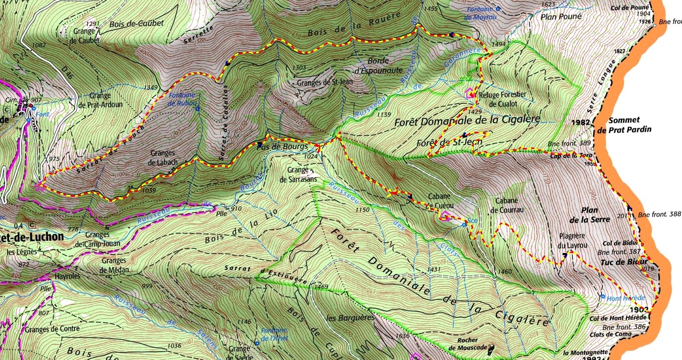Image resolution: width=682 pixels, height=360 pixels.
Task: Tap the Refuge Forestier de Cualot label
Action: point(503,99)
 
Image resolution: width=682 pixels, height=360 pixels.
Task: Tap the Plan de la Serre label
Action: point(595,215)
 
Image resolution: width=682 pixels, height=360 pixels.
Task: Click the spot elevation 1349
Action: point(152,87)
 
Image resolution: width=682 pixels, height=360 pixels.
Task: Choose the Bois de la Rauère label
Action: point(354,24)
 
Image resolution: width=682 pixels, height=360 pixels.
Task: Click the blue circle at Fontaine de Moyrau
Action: point(497,9)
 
